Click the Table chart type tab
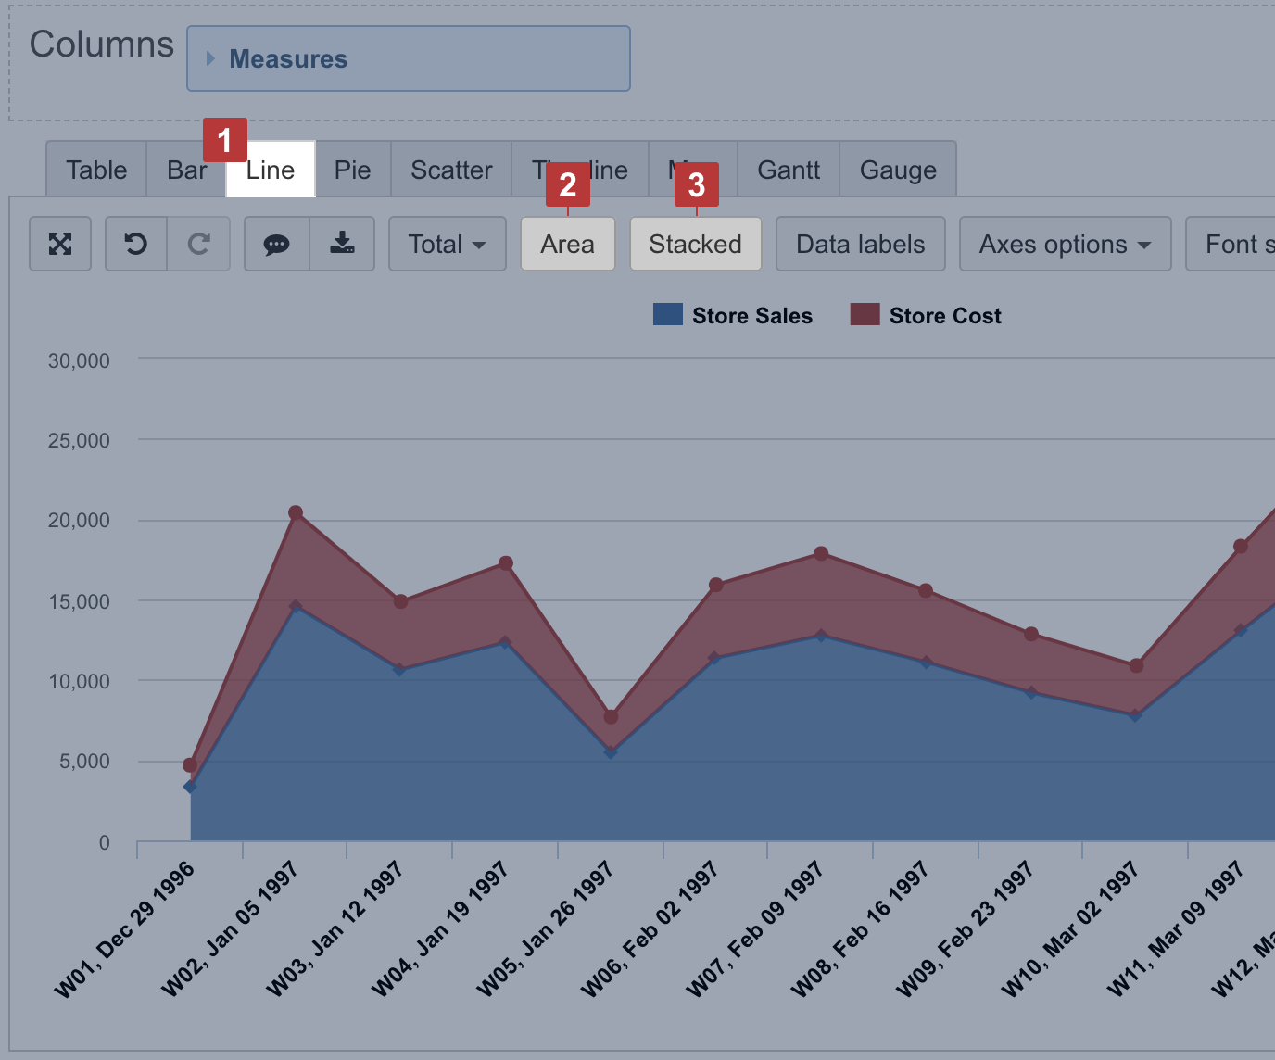(x=96, y=170)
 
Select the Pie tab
(x=352, y=170)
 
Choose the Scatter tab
(x=451, y=170)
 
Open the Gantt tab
(x=789, y=170)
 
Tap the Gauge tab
(x=898, y=170)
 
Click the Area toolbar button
(x=567, y=245)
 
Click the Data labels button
(x=860, y=245)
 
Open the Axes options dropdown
(x=1065, y=245)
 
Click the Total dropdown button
(x=447, y=245)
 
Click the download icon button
(x=342, y=245)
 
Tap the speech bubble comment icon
(x=276, y=245)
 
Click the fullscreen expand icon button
(x=60, y=245)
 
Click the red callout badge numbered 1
(x=224, y=140)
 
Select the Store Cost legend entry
(x=927, y=316)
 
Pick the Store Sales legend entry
(x=733, y=316)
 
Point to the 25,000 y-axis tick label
(x=79, y=441)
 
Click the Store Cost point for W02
(x=296, y=512)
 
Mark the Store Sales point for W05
(x=611, y=752)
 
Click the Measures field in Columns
(x=408, y=59)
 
